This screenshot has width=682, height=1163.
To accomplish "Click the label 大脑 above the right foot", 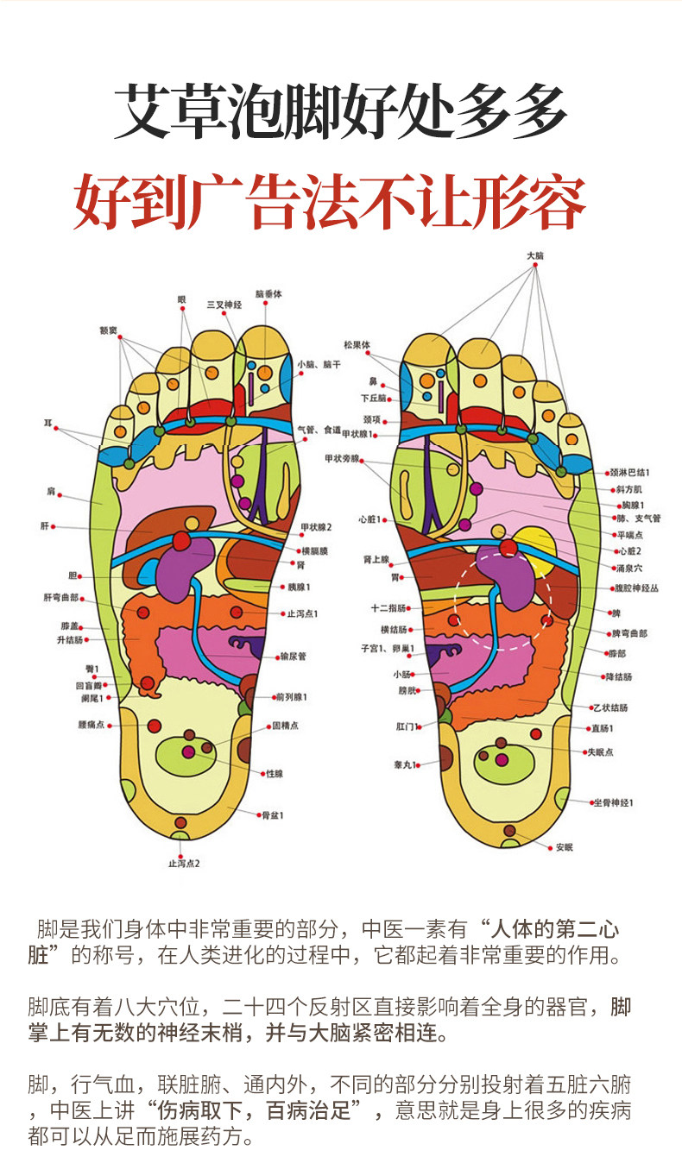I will (x=535, y=256).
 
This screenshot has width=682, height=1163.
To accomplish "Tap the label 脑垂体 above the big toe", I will (x=268, y=294).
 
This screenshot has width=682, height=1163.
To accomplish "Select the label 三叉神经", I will (x=224, y=305).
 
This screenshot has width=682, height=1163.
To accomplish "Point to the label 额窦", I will (x=109, y=330).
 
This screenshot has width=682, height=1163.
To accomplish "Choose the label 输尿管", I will (x=293, y=657).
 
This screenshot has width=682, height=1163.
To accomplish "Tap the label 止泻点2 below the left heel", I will (x=184, y=863).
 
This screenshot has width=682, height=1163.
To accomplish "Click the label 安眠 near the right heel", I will (x=565, y=846).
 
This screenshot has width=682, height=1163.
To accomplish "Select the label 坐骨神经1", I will (x=612, y=802).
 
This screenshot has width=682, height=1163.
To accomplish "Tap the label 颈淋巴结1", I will (x=629, y=472).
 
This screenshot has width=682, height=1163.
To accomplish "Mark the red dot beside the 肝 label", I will (x=54, y=525).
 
